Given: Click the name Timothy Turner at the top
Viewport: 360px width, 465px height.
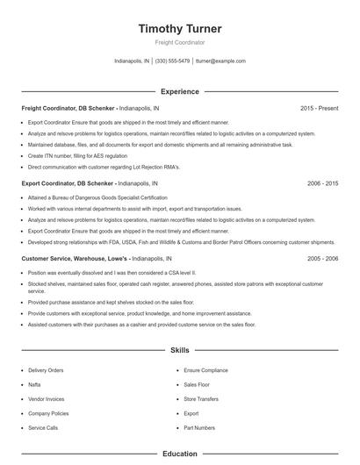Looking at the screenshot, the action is click(x=180, y=29).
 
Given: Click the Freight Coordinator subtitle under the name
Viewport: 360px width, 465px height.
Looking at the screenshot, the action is click(x=180, y=42).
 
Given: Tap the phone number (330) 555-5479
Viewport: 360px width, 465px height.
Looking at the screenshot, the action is click(x=173, y=61).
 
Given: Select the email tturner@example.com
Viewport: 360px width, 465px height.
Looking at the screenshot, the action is click(x=220, y=61).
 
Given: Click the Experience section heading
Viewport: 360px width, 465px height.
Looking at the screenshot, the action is click(x=180, y=91).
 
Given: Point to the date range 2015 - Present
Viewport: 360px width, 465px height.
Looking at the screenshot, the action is click(x=320, y=108).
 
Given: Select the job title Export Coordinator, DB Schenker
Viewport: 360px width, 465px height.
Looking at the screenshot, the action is click(x=68, y=184).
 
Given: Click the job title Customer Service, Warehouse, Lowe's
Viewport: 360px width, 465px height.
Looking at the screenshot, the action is click(x=75, y=260).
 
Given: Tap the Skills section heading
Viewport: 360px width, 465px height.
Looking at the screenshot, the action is click(x=180, y=350).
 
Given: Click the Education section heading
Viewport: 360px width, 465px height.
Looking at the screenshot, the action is click(x=180, y=454).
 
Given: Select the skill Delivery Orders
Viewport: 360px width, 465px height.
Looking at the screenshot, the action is click(x=46, y=370).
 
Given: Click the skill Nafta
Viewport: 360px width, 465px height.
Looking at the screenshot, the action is click(x=35, y=384).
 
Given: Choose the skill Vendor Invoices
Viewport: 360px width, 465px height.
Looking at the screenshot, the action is click(x=47, y=398).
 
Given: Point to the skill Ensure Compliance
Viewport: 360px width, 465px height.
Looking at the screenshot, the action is click(x=205, y=370).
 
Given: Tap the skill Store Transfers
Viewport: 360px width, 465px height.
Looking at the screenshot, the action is click(x=202, y=398).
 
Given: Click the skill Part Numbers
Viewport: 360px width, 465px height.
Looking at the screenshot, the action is click(x=199, y=427).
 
